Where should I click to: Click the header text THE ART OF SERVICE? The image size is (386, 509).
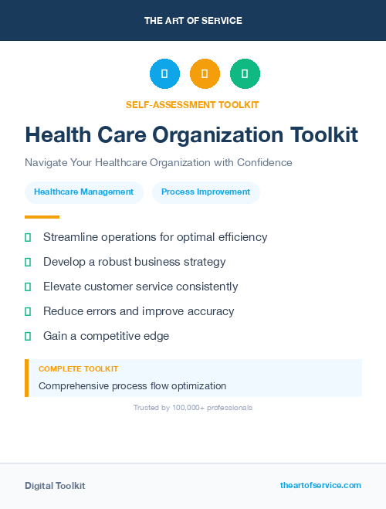(x=193, y=21)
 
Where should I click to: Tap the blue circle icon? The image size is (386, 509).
(x=164, y=73)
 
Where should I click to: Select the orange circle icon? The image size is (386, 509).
(x=205, y=73)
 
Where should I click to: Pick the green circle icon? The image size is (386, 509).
(x=245, y=73)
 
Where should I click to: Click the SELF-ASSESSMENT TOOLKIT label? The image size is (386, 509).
(x=192, y=104)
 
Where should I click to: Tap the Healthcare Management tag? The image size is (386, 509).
(x=83, y=192)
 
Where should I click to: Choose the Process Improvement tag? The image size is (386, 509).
(x=205, y=192)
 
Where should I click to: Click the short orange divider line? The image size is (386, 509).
(x=42, y=217)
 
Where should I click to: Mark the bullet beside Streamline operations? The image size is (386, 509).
(x=28, y=237)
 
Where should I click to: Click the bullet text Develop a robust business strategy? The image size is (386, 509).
(x=134, y=262)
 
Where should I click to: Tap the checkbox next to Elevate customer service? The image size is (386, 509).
(x=28, y=287)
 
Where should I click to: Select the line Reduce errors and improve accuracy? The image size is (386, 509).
(x=138, y=311)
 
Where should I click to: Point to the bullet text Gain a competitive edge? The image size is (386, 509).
(x=106, y=336)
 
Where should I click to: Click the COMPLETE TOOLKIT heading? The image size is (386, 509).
(x=78, y=369)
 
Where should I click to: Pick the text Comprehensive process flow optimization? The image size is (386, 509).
(x=132, y=385)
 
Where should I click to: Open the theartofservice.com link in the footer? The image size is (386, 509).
(x=320, y=485)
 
